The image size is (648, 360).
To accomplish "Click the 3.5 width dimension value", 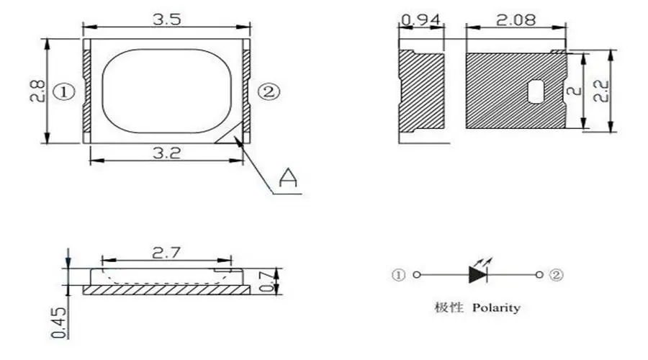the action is pyautogui.click(x=166, y=19).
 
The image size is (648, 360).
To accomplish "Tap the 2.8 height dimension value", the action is pyautogui.click(x=37, y=91).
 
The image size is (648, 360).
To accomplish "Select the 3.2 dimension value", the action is pyautogui.click(x=166, y=153).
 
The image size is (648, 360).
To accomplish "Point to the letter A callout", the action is pyautogui.click(x=288, y=177).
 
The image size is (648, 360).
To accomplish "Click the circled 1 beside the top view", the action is pyautogui.click(x=64, y=91).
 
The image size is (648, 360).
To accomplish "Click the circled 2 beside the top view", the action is pyautogui.click(x=269, y=91).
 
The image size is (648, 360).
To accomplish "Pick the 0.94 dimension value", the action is pyautogui.click(x=420, y=19).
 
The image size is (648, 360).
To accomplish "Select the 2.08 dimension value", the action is pyautogui.click(x=516, y=19).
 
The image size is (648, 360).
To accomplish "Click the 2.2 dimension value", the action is pyautogui.click(x=601, y=91).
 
